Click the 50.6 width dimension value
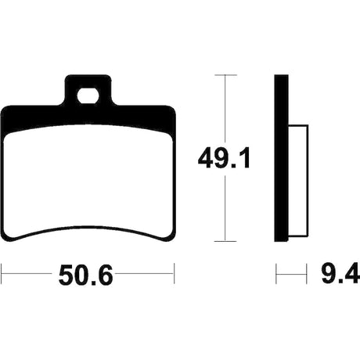86,275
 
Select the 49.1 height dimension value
224,158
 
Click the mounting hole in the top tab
88,96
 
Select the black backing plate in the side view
281,158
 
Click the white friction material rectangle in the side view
298,181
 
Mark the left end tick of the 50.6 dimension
2,273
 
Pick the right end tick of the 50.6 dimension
174,273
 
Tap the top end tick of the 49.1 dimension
225,75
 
